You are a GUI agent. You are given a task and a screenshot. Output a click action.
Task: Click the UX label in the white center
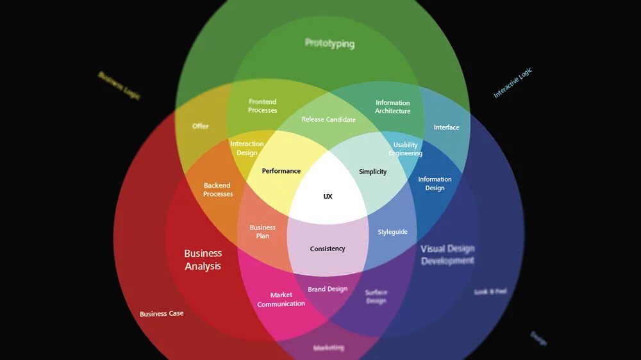(x=328, y=197)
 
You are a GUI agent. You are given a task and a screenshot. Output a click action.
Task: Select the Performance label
(x=281, y=171)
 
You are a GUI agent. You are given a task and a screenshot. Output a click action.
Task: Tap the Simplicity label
(x=372, y=172)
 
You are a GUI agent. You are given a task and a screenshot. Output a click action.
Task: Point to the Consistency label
(x=328, y=249)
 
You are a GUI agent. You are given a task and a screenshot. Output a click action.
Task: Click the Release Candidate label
(x=328, y=120)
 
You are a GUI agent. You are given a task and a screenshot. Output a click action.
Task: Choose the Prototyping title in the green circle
(x=329, y=44)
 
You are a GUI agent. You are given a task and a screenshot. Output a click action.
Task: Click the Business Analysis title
(x=203, y=259)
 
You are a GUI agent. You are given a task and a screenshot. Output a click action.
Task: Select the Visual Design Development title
(x=447, y=254)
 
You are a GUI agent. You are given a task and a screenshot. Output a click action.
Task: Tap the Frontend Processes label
(x=263, y=106)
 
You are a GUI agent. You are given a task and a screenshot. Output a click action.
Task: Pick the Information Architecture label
(x=393, y=107)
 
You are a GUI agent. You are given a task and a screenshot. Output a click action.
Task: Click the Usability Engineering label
(x=405, y=149)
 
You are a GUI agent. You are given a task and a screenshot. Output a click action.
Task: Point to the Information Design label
(x=435, y=184)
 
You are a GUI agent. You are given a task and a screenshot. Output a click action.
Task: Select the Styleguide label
(x=392, y=232)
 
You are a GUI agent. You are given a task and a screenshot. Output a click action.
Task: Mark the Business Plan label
(x=263, y=231)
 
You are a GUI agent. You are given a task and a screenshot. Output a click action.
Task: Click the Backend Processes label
(x=218, y=190)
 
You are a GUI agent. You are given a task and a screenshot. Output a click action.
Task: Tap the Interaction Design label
(x=247, y=148)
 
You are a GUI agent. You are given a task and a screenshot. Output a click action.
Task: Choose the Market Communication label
(x=281, y=299)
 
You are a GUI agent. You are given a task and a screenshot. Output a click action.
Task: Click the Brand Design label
(x=328, y=289)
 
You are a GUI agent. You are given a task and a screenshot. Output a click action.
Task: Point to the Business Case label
(x=162, y=314)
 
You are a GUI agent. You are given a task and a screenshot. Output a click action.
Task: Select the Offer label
(x=201, y=126)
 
